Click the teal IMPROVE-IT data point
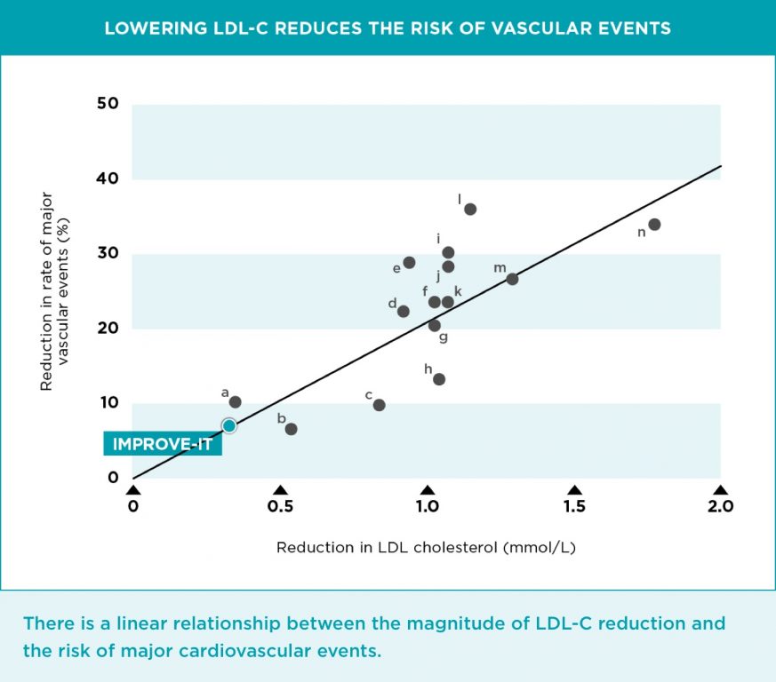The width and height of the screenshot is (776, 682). tap(228, 425)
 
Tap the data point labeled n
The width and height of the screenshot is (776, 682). tap(654, 225)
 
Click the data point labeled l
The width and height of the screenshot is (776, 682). tap(470, 210)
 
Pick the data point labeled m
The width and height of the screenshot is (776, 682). tap(512, 279)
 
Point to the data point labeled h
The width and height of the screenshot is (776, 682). tap(439, 379)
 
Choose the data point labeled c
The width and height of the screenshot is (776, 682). tap(380, 405)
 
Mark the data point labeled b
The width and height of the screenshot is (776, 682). tap(291, 429)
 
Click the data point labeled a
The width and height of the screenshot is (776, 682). tap(235, 402)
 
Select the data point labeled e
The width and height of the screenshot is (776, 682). tap(409, 263)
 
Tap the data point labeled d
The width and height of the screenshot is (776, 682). tap(403, 312)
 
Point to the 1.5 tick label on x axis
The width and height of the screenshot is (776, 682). tap(574, 507)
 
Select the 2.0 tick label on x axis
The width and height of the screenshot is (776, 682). tap(719, 507)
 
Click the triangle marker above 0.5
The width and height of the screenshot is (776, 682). tap(280, 490)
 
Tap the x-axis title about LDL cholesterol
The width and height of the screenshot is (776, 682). tap(426, 547)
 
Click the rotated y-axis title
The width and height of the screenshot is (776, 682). tap(55, 291)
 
